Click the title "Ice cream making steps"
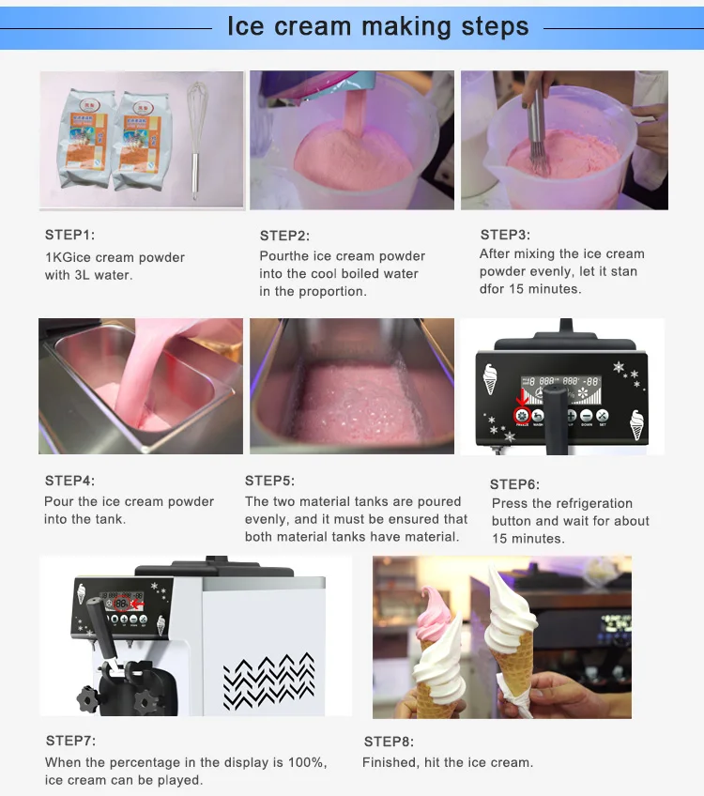pos(377,26)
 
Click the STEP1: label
pos(69,235)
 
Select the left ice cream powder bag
pos(86,138)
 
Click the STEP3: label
pos(505,235)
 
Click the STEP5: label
pos(269,481)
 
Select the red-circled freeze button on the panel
pos(522,416)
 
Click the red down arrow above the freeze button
pos(522,396)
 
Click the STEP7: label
pos(70,742)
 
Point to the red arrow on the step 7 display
pos(137,604)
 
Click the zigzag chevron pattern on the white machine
pos(269,681)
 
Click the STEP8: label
pos(389,742)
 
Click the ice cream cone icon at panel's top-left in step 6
pos(490,378)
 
